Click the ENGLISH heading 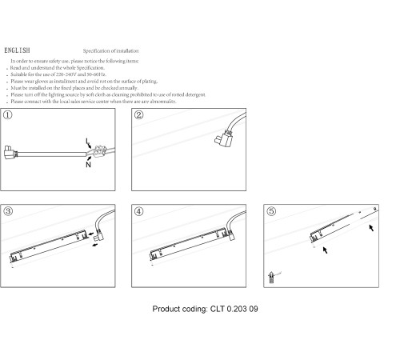point(17,50)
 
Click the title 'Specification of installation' point(110,50)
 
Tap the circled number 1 point(8,115)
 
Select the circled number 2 point(138,115)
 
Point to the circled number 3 point(8,211)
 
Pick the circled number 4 point(138,211)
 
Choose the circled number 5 point(271,211)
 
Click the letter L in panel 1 point(86,141)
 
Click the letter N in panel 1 point(88,165)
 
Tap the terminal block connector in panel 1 point(100,151)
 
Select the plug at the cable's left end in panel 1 point(10,153)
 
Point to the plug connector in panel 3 point(100,236)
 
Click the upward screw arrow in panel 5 point(271,278)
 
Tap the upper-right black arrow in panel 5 point(371,228)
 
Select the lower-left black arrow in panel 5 point(325,250)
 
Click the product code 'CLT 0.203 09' point(234,309)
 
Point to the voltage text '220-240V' point(66,74)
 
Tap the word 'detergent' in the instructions point(195,94)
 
